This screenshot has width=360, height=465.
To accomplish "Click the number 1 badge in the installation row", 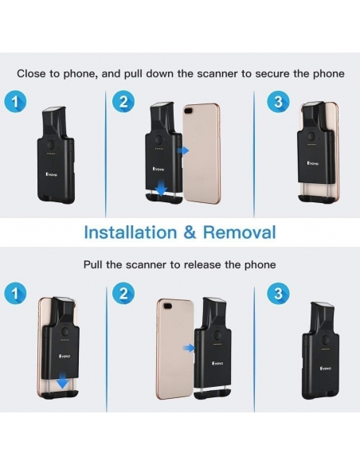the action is click(x=15, y=102).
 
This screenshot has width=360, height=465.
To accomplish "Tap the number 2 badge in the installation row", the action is click(x=123, y=102).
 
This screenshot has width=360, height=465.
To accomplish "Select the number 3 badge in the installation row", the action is click(x=278, y=102).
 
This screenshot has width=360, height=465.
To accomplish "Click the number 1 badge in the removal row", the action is click(x=15, y=294).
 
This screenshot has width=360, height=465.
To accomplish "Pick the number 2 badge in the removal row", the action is click(x=123, y=294).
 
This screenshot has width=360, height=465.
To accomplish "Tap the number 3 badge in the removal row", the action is click(x=278, y=294).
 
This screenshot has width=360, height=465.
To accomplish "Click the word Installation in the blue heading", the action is click(x=131, y=232).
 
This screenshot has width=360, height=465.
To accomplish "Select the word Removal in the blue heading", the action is click(x=239, y=232).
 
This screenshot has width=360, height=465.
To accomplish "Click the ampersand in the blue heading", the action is click(x=190, y=232).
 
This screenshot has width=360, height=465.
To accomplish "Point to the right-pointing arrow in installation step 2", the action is click(x=183, y=150).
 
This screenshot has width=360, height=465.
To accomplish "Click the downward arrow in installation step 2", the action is click(x=161, y=189).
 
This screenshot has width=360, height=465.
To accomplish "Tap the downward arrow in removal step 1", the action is click(x=63, y=381).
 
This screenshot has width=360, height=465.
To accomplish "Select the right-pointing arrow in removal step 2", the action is click(x=189, y=348).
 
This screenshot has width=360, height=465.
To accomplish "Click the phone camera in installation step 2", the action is click(x=189, y=111).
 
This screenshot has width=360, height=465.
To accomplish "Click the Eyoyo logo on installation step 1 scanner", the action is click(x=52, y=174).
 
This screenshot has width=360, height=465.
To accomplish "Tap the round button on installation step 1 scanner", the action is click(x=51, y=145).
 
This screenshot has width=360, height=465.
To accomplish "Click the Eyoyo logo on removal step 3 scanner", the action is click(x=326, y=369).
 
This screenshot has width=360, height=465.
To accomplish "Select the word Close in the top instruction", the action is click(x=31, y=73).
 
